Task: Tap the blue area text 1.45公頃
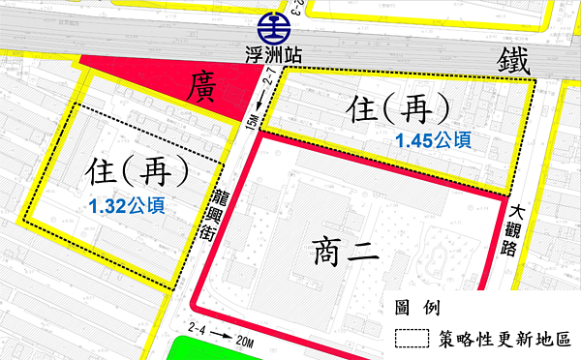coord(433,140)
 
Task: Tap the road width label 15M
coord(252,124)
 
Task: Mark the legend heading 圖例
coord(417,308)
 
